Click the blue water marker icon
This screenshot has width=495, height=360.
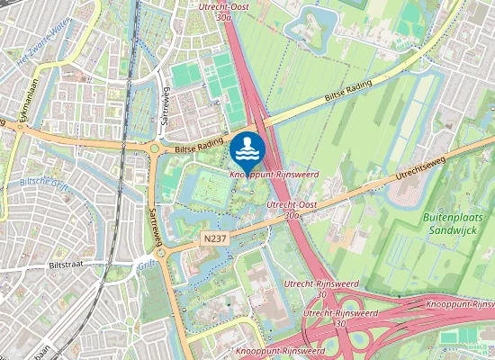click(x=247, y=147)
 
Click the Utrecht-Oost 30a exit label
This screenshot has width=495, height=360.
click(x=224, y=11)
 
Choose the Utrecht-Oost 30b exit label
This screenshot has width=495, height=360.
click(x=283, y=211)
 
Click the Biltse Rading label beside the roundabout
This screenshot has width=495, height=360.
click(x=197, y=146)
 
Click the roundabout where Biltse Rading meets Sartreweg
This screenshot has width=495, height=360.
click(x=156, y=149)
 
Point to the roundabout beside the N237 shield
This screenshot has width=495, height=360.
click(x=162, y=253)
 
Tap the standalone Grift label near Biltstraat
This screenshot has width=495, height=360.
click(x=147, y=265)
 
